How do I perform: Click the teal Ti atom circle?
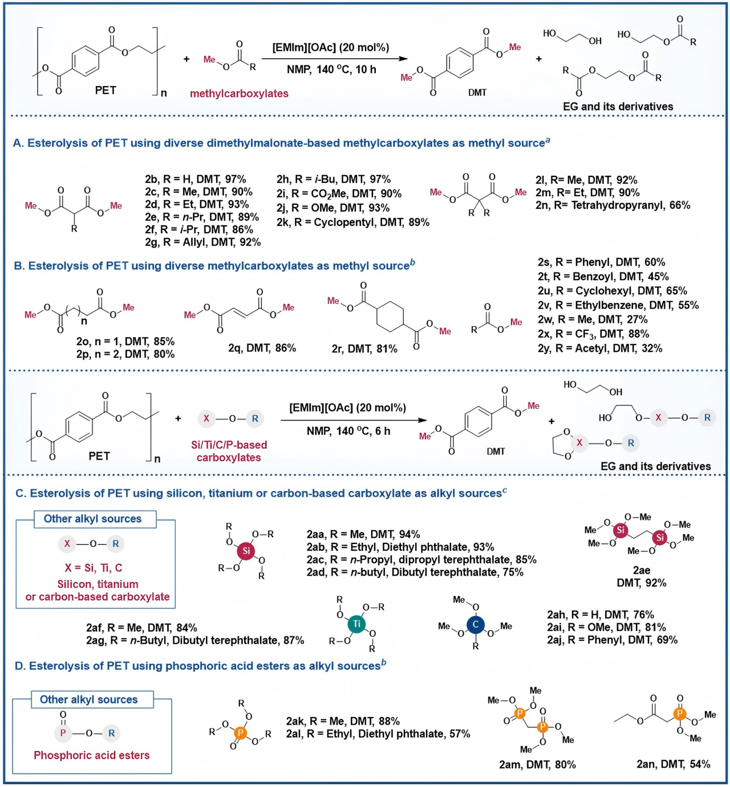point(357,624)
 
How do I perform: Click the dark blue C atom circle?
point(475,624)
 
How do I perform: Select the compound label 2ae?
point(641,570)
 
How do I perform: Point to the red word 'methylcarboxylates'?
point(239,94)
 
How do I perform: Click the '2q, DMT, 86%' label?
point(262,347)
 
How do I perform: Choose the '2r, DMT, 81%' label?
point(364,348)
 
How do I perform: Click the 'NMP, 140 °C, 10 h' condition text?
point(331,70)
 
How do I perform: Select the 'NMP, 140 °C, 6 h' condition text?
point(348,431)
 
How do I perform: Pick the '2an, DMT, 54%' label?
point(673,764)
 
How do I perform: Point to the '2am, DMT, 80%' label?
point(537,764)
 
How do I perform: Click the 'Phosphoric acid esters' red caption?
point(92,755)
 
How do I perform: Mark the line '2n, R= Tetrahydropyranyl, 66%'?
point(613,205)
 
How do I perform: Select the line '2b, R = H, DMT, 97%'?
point(195,179)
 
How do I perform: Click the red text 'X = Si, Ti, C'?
point(94,568)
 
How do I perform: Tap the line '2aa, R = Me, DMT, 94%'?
point(363,534)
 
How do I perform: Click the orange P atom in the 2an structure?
point(679,713)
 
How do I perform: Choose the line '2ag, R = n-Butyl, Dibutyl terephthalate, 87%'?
point(195,640)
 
